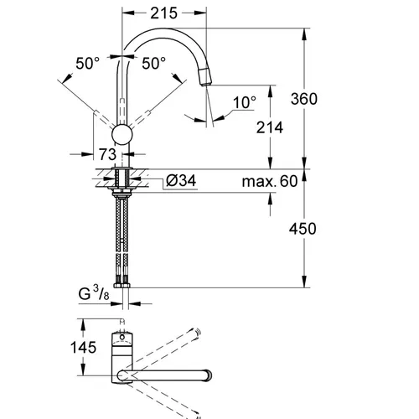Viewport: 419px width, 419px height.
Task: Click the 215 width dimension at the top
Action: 163,13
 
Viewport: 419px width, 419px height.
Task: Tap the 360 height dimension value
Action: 304,99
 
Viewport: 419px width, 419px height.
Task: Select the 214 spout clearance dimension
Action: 270,127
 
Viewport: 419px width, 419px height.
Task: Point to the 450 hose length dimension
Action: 303,229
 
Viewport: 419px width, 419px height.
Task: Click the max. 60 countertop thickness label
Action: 270,181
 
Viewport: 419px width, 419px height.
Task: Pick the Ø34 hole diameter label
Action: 181,180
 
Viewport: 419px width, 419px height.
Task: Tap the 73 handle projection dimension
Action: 107,154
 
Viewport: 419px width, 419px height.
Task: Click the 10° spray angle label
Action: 245,102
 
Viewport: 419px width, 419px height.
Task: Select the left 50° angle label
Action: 87,64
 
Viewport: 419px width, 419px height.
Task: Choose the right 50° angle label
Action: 153,64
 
